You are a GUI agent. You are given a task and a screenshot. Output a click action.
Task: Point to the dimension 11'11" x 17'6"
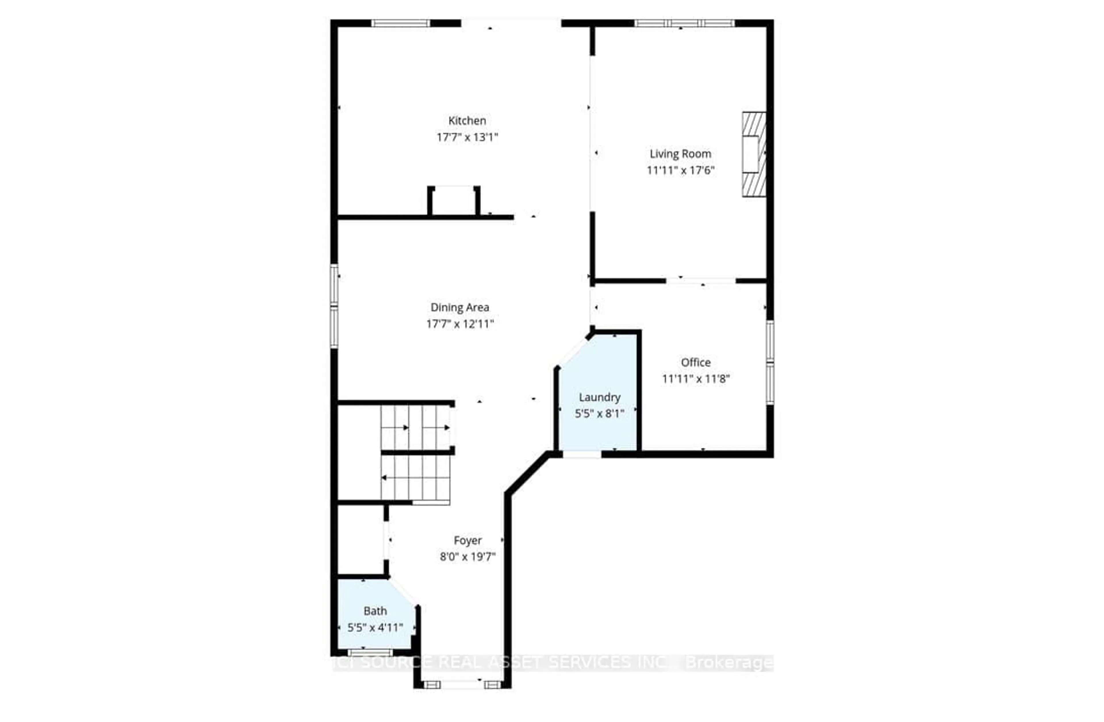[x=680, y=170]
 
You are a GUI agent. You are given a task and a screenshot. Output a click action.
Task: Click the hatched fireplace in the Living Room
[x=754, y=154]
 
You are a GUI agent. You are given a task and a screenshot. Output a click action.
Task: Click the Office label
[x=695, y=362]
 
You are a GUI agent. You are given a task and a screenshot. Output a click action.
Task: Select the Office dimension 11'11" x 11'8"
[x=695, y=379]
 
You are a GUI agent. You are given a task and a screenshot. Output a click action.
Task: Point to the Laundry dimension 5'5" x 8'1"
[x=599, y=414]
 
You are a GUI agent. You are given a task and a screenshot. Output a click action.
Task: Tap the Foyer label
[x=467, y=540]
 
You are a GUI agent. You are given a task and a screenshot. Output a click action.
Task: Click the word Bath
[x=375, y=611]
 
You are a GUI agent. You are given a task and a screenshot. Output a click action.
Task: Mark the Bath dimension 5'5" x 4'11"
[x=375, y=628]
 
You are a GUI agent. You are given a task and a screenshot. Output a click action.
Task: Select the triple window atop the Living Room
[x=684, y=23]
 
